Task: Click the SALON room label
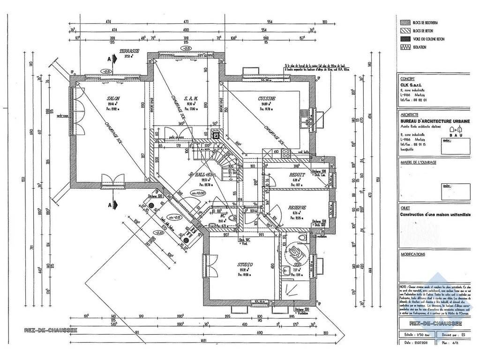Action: click(x=114, y=98)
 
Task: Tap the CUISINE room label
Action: click(x=266, y=98)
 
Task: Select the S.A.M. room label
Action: click(x=191, y=98)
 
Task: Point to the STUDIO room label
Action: click(x=245, y=264)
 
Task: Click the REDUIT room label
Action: click(x=297, y=174)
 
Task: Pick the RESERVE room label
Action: click(x=297, y=207)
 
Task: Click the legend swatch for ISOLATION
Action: click(x=404, y=47)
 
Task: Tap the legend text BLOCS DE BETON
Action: click(x=424, y=30)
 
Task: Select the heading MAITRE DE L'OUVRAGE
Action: click(x=418, y=162)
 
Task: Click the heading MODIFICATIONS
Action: click(x=413, y=254)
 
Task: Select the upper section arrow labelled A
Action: click(x=110, y=59)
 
